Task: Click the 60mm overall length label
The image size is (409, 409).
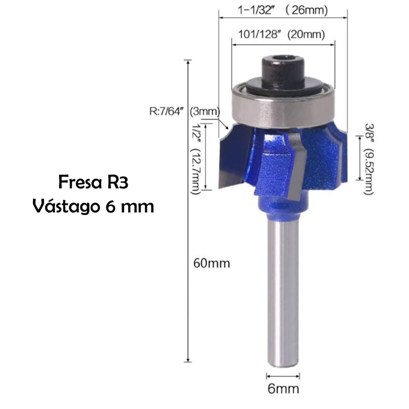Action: tap(211, 263)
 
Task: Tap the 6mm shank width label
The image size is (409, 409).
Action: tap(283, 389)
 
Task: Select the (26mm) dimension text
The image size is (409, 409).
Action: tap(305, 11)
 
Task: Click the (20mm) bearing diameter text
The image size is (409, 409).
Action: tap(306, 34)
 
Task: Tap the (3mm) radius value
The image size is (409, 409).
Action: tap(205, 111)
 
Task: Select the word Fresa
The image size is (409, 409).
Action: tap(76, 182)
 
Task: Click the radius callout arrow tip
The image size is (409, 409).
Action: tap(227, 128)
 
